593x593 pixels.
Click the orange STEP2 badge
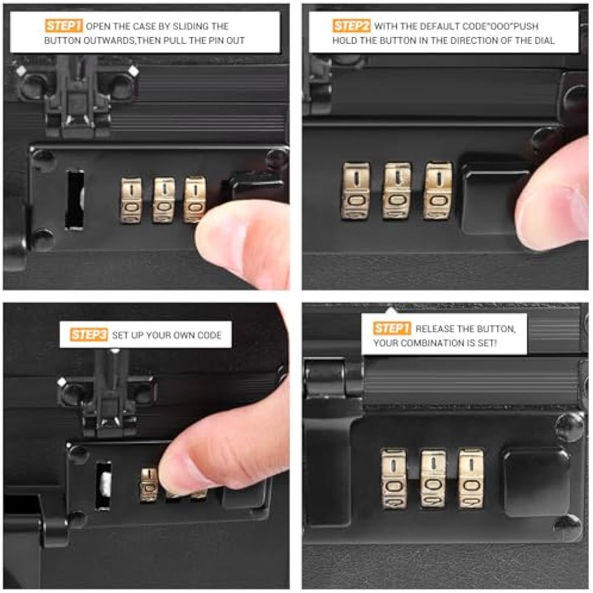point(351,26)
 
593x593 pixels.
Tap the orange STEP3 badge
point(89,335)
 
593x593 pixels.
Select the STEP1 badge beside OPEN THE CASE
point(64,26)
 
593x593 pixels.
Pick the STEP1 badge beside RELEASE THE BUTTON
point(392,328)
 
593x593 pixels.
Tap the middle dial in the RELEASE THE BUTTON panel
point(433,478)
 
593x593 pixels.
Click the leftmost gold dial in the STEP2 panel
point(355,191)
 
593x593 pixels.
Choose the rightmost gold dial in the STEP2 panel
point(438,190)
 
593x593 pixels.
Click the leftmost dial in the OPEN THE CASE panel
point(131,201)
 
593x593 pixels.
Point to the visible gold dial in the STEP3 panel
point(149,485)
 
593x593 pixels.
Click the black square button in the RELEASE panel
point(536,481)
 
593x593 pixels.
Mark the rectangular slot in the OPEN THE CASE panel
point(74,200)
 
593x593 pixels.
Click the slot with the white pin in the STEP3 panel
point(104,486)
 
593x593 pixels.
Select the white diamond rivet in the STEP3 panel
point(61,382)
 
